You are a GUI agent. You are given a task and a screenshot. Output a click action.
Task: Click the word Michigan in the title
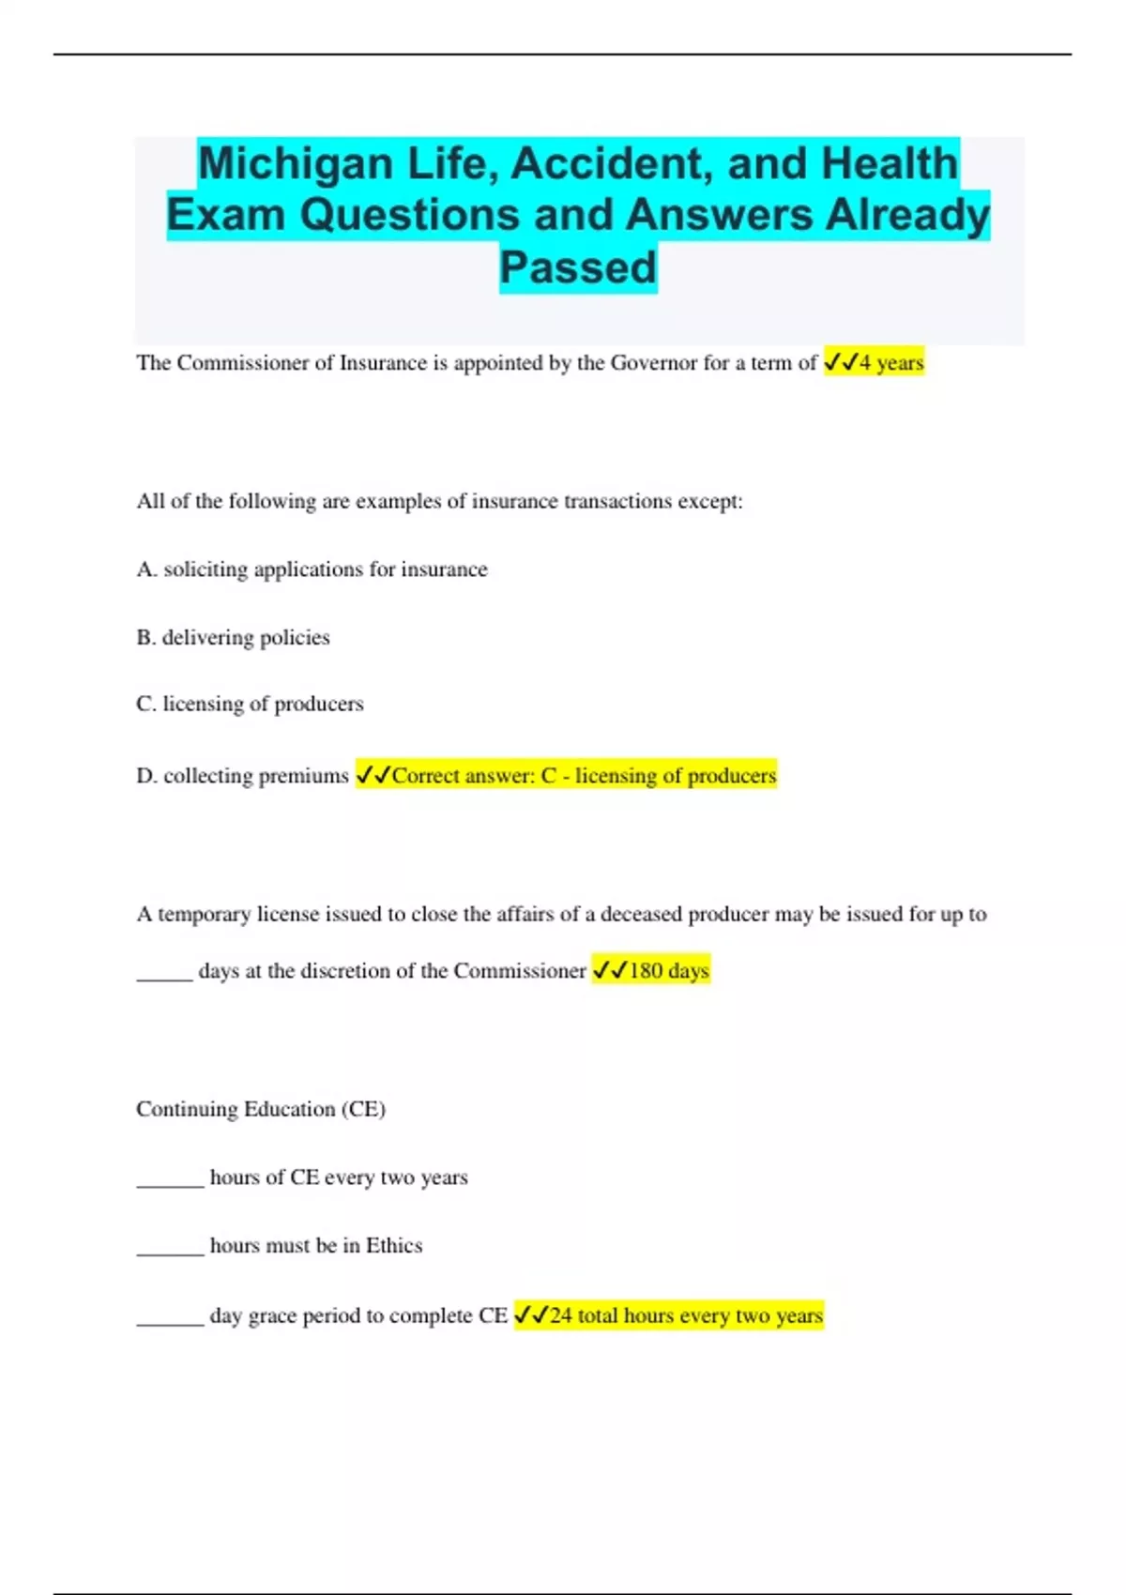coord(296,163)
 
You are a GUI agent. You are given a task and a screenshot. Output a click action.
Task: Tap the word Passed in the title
coord(577,267)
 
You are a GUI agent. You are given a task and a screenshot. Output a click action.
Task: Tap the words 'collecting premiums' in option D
coord(255,776)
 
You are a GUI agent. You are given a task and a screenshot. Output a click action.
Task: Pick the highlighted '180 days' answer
coord(668,970)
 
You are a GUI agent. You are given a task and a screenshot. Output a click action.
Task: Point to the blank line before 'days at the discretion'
coord(164,976)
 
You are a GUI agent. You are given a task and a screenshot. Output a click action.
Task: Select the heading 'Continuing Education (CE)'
coord(261,1109)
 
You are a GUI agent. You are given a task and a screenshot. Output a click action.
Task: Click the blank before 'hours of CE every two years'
coord(170,1183)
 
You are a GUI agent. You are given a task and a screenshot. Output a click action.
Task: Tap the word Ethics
coord(394,1245)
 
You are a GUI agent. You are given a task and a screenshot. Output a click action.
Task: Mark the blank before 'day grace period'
coord(170,1322)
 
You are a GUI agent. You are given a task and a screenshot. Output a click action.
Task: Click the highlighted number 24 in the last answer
coord(560,1315)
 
